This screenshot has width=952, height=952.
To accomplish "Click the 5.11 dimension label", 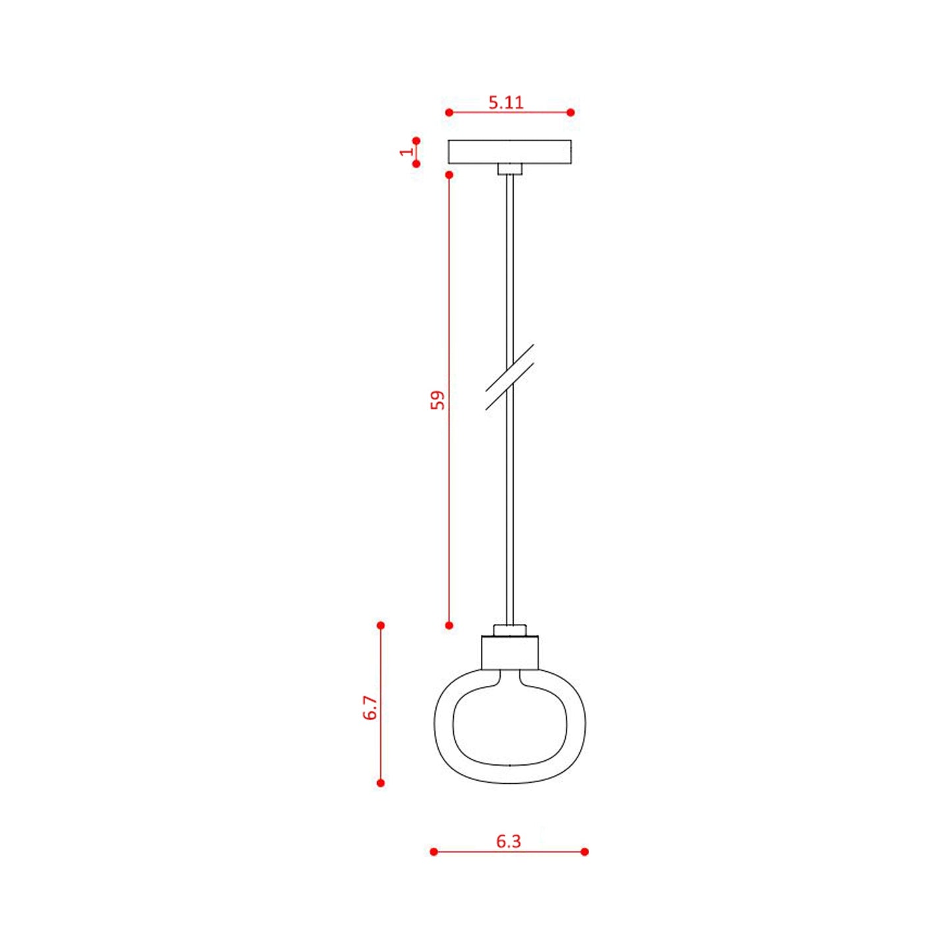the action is point(505,102).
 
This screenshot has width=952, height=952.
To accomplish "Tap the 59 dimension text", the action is point(437,400).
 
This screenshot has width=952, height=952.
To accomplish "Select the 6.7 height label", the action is point(370,708).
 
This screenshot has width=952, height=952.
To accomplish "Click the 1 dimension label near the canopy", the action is point(406,151).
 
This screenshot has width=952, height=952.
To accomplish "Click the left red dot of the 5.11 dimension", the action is point(449,113).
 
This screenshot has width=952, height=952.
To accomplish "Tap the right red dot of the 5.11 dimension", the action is point(571,113).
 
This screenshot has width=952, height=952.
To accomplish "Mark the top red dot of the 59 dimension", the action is point(449,175).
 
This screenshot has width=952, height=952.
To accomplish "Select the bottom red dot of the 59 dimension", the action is point(449,625).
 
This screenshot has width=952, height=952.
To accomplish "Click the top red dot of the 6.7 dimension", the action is point(380,625).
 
